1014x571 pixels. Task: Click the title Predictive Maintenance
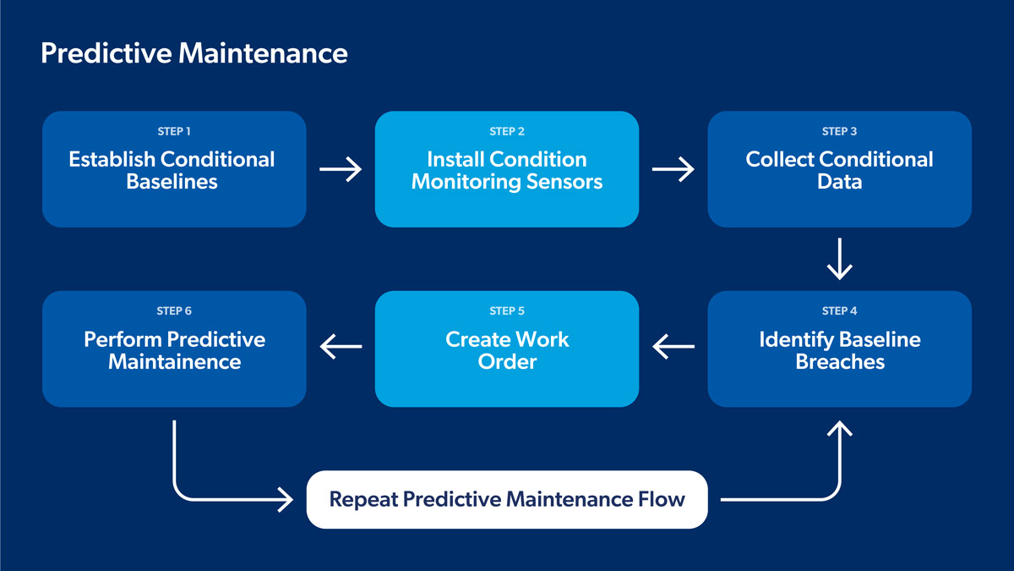(x=194, y=53)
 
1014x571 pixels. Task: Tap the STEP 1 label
(x=174, y=131)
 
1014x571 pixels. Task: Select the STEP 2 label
(x=507, y=131)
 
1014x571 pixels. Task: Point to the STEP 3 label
(x=839, y=131)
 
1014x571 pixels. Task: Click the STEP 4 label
(x=839, y=311)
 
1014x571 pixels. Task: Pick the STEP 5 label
(x=507, y=311)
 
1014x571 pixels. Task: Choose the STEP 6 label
(x=174, y=311)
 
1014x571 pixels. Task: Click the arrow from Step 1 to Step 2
(x=341, y=170)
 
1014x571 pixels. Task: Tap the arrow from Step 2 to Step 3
(x=673, y=170)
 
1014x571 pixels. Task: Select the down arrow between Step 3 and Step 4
(x=839, y=259)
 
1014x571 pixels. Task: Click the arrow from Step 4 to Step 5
(x=673, y=345)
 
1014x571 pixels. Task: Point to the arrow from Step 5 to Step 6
(x=341, y=345)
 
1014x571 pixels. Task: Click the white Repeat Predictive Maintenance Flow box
(x=507, y=499)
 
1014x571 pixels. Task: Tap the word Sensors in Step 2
(x=563, y=182)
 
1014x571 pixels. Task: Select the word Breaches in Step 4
(x=840, y=362)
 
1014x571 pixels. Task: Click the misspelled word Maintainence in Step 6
(x=174, y=362)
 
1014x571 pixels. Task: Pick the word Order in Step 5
(x=507, y=362)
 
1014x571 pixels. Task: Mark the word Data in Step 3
(x=839, y=182)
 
